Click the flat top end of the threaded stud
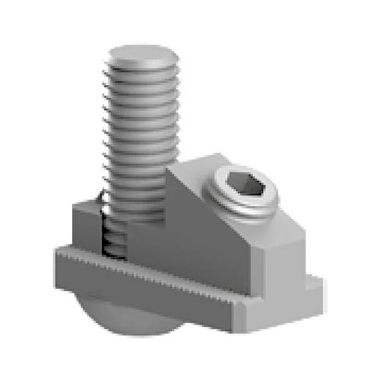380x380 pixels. (x=144, y=57)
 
